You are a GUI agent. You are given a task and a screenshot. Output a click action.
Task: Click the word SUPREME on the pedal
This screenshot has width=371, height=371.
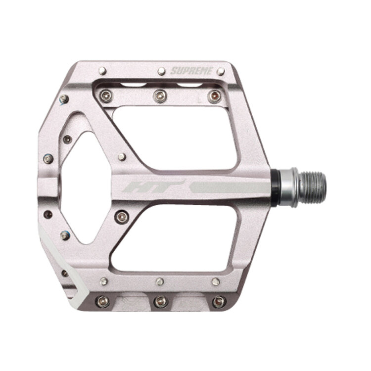pos(191,71)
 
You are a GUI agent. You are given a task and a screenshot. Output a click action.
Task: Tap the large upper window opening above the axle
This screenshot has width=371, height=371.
pos(178,138)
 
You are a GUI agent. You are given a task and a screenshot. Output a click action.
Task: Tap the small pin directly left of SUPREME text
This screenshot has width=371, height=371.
pos(161,71)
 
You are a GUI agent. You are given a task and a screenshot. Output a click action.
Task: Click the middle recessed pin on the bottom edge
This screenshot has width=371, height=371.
pos(159,300)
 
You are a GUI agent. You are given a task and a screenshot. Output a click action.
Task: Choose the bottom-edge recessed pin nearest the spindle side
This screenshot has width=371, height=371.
pos(217,301)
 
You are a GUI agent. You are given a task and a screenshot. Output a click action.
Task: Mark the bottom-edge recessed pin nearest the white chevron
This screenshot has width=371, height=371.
pos(102,300)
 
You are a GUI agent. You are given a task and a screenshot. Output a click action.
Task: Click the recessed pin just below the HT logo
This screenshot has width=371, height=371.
pos(122,215)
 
